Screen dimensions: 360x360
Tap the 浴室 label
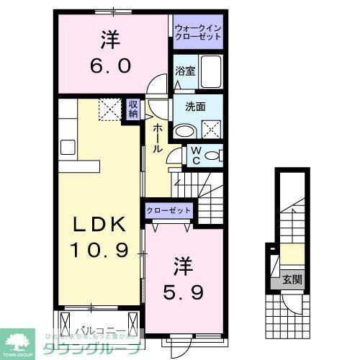coord(185,71)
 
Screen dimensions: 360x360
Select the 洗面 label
coord(195,107)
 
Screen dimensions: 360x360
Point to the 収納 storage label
coord(133,109)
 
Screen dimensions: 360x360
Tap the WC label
coord(194,156)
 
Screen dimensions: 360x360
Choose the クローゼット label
coord(169,210)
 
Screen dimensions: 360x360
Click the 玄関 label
coord(292,278)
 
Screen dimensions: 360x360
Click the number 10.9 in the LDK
coord(100,251)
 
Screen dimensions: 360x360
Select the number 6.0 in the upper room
coord(109,66)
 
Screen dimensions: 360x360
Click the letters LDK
coord(101,225)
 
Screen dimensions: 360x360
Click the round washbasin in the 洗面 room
coord(185,130)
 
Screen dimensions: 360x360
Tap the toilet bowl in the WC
coord(215,156)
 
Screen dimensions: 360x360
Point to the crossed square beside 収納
coord(112,110)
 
